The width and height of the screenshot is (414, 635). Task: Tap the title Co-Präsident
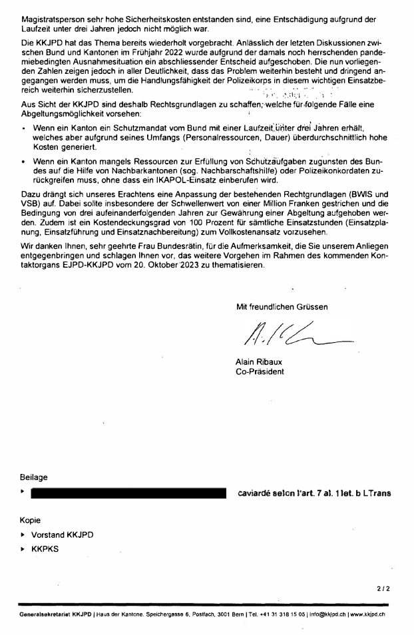coord(260,371)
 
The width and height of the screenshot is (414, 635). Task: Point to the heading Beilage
coord(34,477)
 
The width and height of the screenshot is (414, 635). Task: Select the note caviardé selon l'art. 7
coord(313,493)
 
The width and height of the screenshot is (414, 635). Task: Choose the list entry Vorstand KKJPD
coord(63,534)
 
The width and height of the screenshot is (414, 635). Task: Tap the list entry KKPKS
coord(45,550)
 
